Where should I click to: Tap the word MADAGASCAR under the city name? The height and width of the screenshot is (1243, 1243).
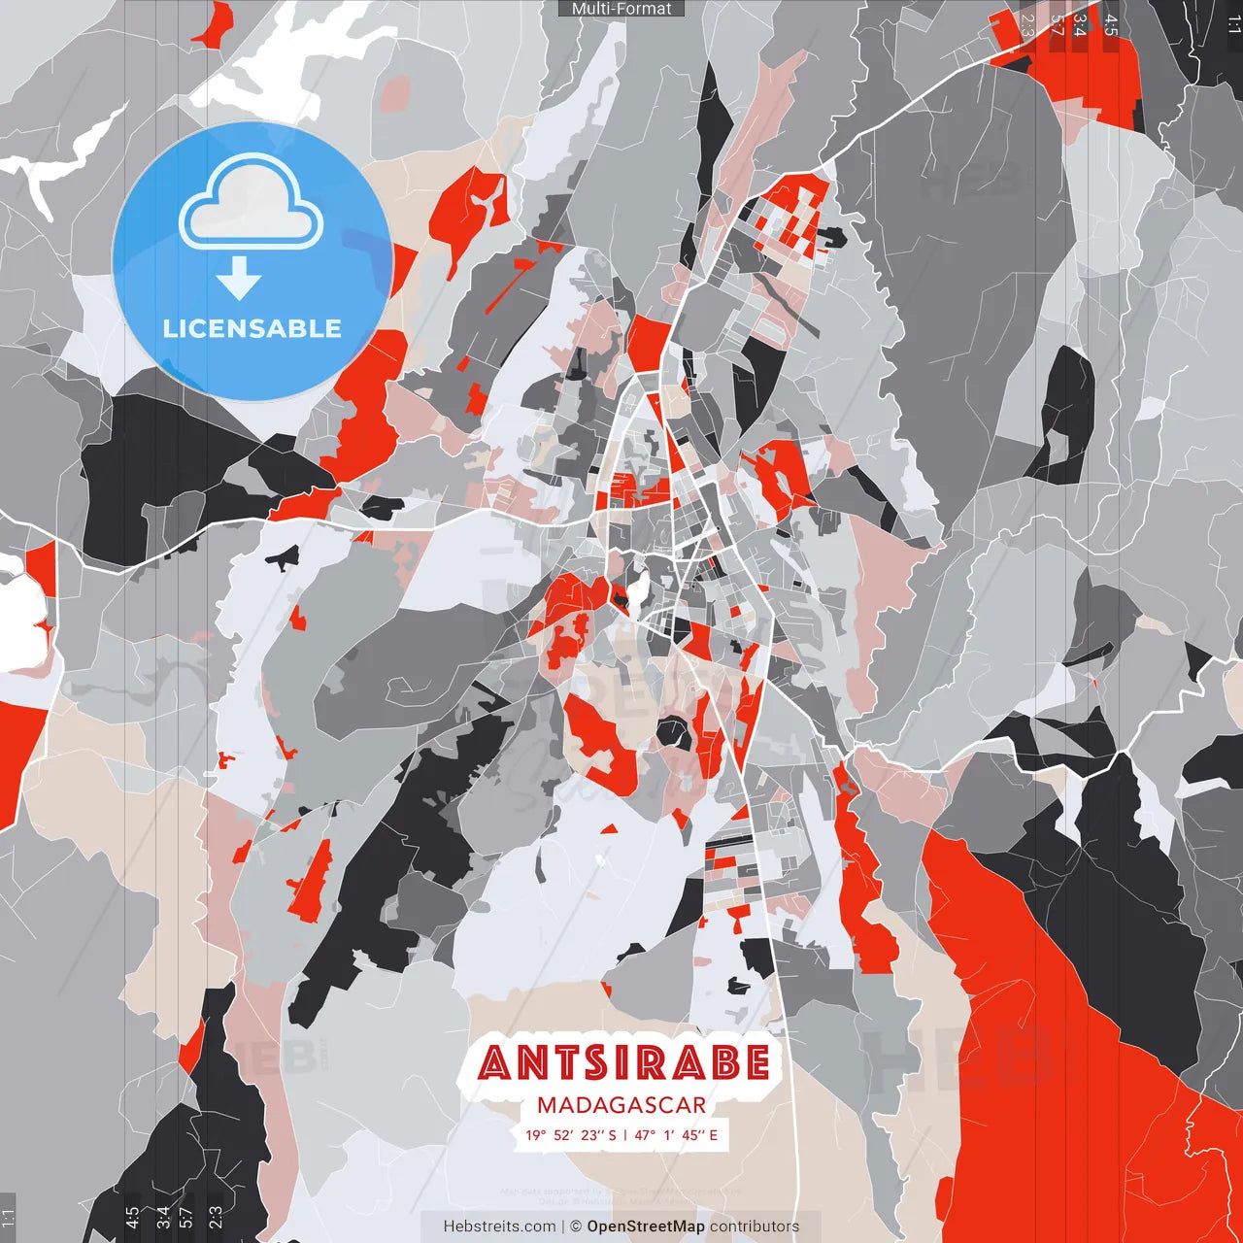(x=621, y=1105)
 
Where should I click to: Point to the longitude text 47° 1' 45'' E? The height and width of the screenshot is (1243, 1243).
(x=676, y=1134)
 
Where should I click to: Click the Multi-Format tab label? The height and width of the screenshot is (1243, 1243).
(x=621, y=9)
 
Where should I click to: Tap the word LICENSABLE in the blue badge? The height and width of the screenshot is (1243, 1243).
(x=252, y=328)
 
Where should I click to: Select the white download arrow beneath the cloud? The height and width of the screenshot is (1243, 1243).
(x=239, y=280)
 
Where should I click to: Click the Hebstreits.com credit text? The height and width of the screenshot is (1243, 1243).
(x=499, y=1226)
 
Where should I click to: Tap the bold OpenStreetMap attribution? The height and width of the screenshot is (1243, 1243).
(x=646, y=1226)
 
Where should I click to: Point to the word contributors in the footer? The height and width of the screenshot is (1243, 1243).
(x=755, y=1226)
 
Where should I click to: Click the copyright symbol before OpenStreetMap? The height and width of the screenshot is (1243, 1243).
(x=575, y=1226)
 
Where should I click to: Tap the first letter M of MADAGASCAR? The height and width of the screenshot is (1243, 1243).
(x=546, y=1105)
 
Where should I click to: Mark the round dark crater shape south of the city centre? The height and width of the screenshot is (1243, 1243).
(x=674, y=733)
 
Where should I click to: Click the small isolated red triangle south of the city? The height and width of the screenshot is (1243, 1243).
(x=610, y=828)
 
